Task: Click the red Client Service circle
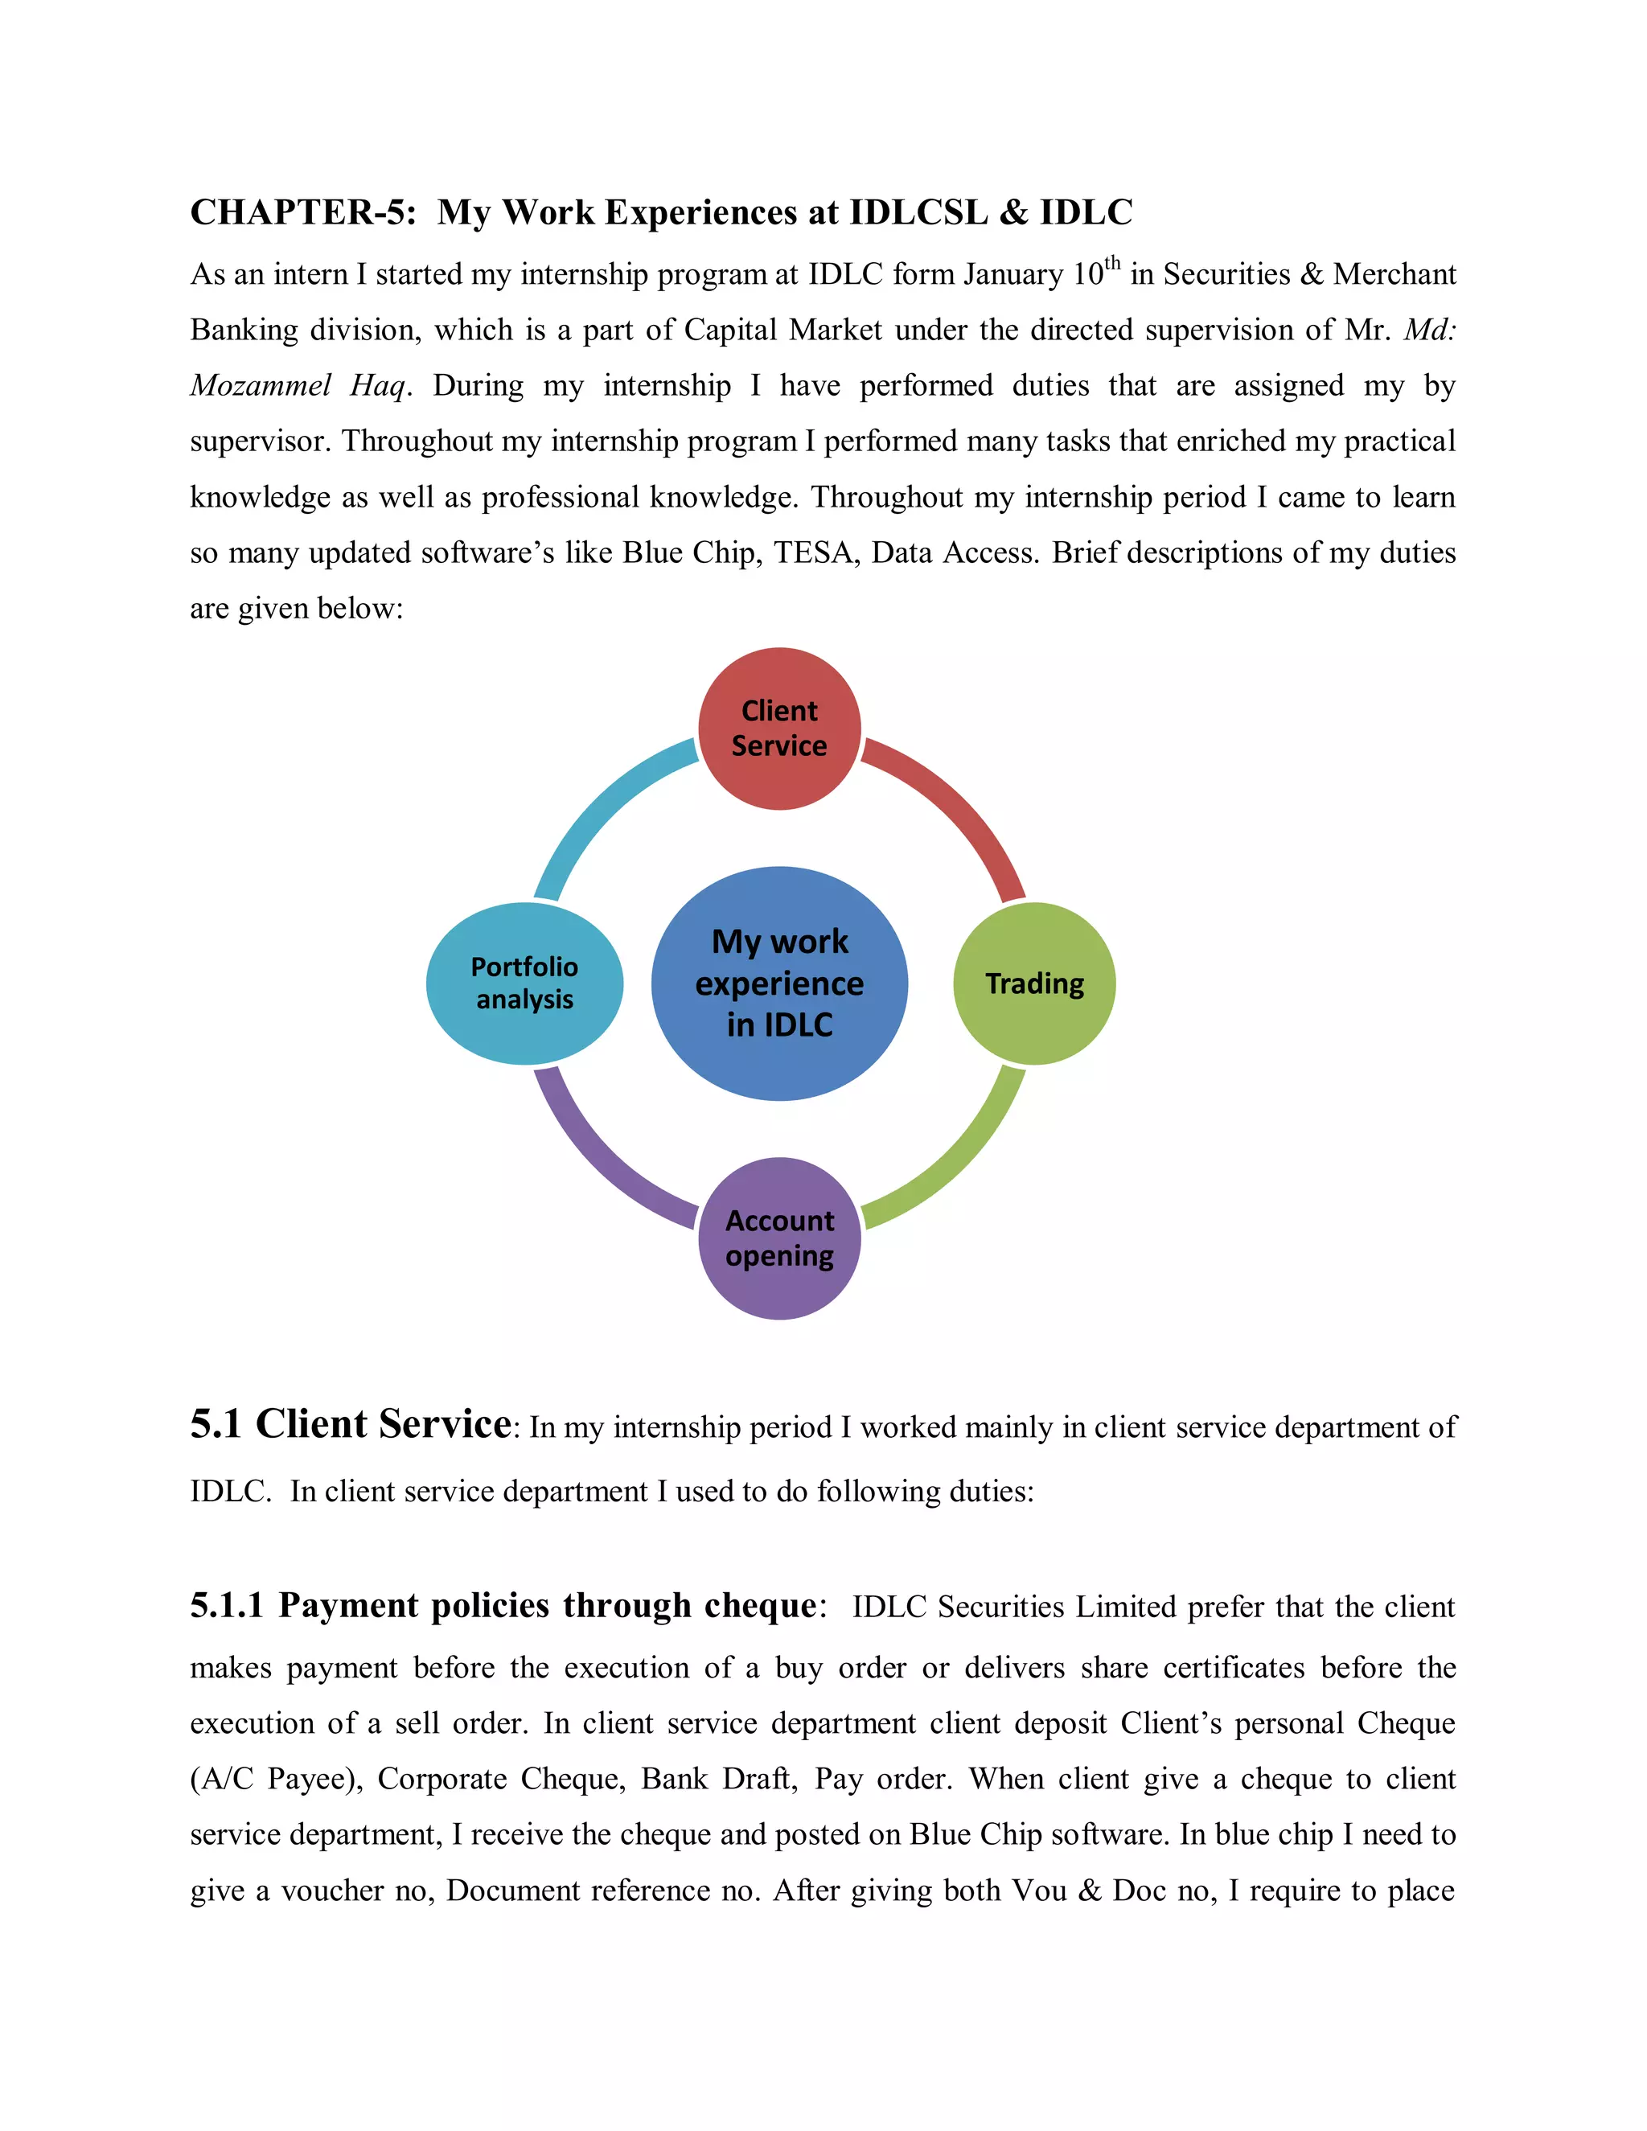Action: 778,728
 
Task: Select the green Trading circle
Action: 1034,983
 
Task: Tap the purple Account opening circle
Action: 778,1238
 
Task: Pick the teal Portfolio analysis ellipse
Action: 524,983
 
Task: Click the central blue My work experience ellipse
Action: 778,983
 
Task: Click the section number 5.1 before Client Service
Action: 216,1425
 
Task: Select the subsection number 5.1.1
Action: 226,1606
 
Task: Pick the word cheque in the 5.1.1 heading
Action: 760,1606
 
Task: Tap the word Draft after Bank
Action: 759,1779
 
